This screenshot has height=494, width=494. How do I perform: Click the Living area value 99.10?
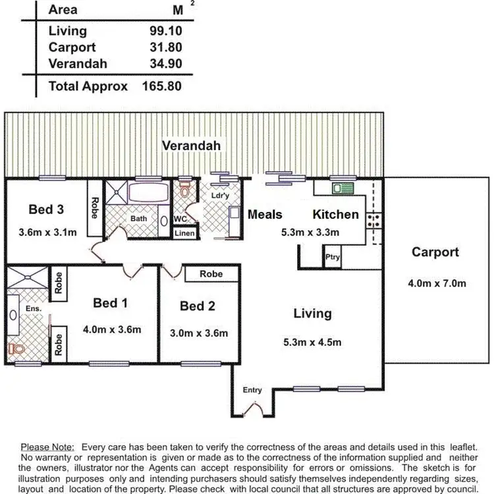pyautogui.click(x=165, y=31)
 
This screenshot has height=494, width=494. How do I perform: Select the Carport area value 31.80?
pyautogui.click(x=165, y=47)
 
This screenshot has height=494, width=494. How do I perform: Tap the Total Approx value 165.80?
pyautogui.click(x=161, y=86)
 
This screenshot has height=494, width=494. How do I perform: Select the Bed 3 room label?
pyautogui.click(x=46, y=209)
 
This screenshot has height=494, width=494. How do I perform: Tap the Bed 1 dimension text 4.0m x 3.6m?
pyautogui.click(x=111, y=329)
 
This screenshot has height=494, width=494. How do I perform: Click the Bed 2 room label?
pyautogui.click(x=198, y=306)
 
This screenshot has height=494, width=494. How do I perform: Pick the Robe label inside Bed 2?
pyautogui.click(x=211, y=273)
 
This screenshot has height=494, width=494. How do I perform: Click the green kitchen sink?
pyautogui.click(x=343, y=188)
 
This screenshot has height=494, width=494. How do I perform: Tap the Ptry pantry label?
pyautogui.click(x=333, y=258)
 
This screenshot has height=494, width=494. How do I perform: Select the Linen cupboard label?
pyautogui.click(x=183, y=233)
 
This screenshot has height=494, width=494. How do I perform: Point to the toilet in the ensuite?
pyautogui.click(x=14, y=348)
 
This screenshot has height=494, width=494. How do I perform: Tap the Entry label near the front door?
pyautogui.click(x=252, y=390)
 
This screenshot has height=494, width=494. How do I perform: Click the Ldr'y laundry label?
pyautogui.click(x=219, y=196)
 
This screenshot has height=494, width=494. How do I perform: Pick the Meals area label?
pyautogui.click(x=265, y=214)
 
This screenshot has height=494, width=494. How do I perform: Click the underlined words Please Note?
pyautogui.click(x=47, y=447)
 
